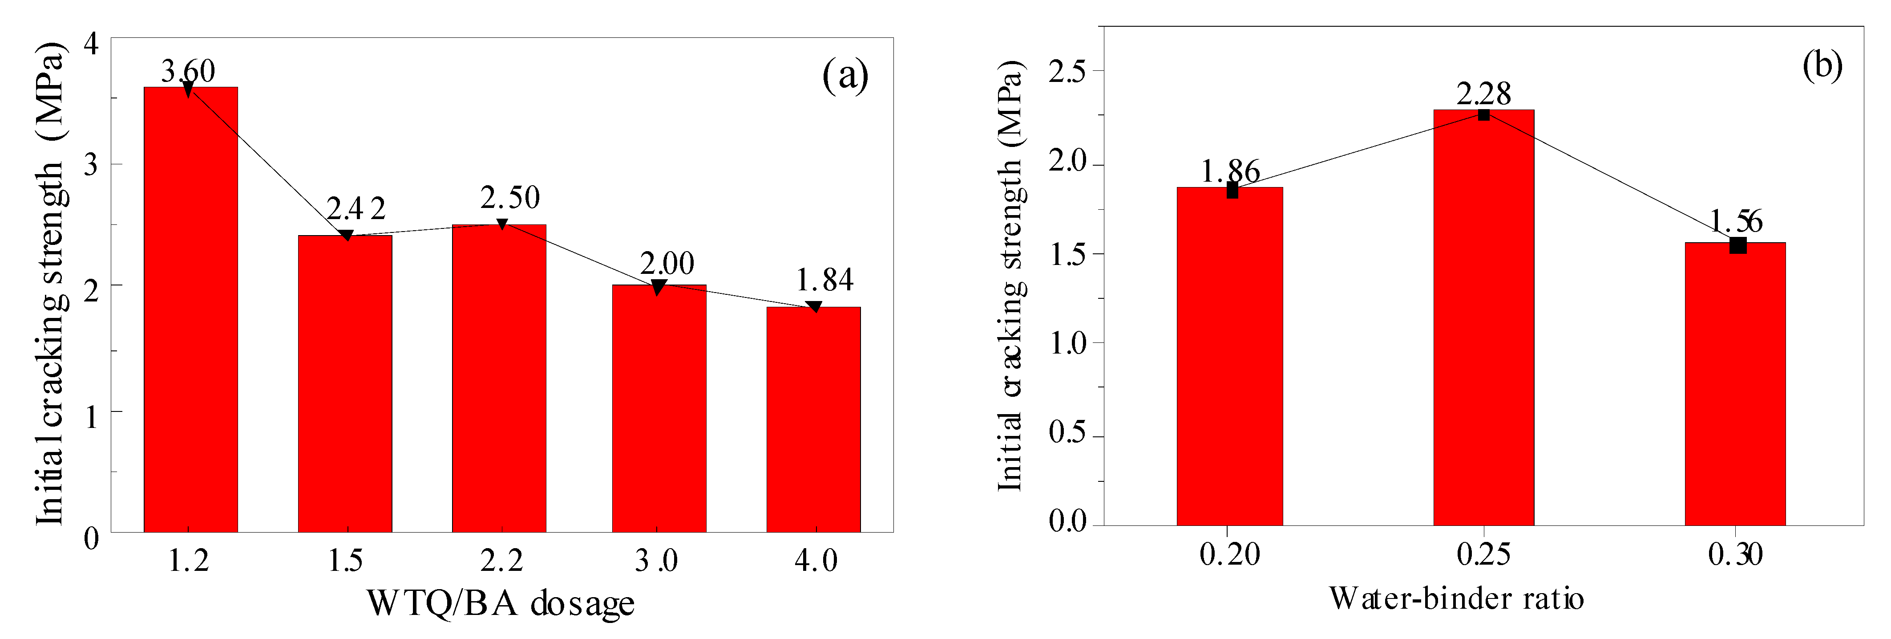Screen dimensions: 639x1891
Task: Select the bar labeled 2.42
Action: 345,382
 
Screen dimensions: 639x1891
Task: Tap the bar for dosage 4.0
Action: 813,419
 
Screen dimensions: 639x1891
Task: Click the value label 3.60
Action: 188,71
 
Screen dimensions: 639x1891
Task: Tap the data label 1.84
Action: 825,280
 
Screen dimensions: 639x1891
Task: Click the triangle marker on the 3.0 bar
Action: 659,287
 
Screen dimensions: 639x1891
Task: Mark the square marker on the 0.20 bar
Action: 1232,191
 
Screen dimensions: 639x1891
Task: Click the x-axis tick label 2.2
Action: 502,561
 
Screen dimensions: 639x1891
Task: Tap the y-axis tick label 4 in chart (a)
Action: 91,43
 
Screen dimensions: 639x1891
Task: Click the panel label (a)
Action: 845,75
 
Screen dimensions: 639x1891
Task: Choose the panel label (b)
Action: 1822,66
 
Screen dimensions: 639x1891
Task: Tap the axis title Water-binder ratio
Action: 1456,598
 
